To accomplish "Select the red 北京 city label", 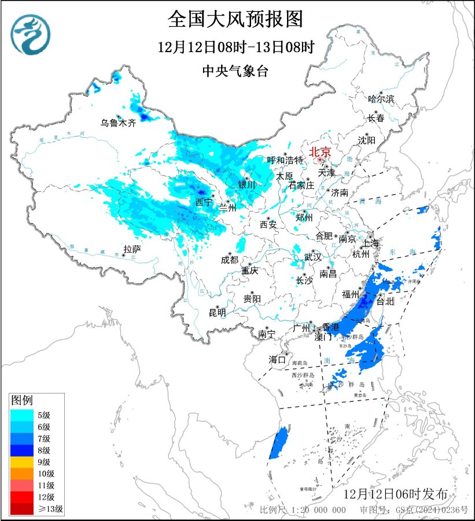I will [320, 152].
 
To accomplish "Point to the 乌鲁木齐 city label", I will [117, 123].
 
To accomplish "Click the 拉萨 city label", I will [132, 249].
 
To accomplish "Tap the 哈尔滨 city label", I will [381, 99].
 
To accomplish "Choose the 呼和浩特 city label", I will [285, 160].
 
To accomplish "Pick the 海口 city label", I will [277, 360].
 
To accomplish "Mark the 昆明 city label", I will [218, 312].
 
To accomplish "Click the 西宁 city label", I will [203, 202].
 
